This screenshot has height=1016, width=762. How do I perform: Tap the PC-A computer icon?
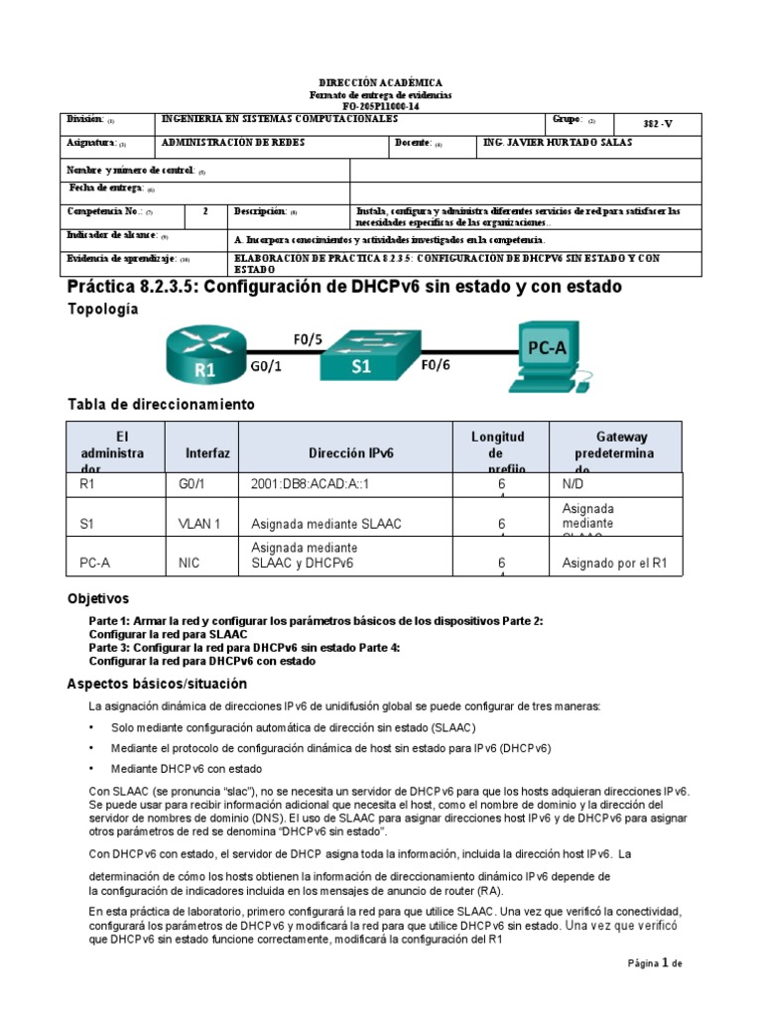tap(545, 354)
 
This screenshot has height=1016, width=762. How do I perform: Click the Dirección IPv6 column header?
tap(351, 452)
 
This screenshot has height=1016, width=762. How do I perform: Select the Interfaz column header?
tap(207, 452)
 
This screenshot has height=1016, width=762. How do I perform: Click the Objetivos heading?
tap(97, 599)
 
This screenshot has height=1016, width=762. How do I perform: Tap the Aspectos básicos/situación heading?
tap(156, 685)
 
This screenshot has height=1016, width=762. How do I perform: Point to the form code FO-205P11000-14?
tap(380, 104)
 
